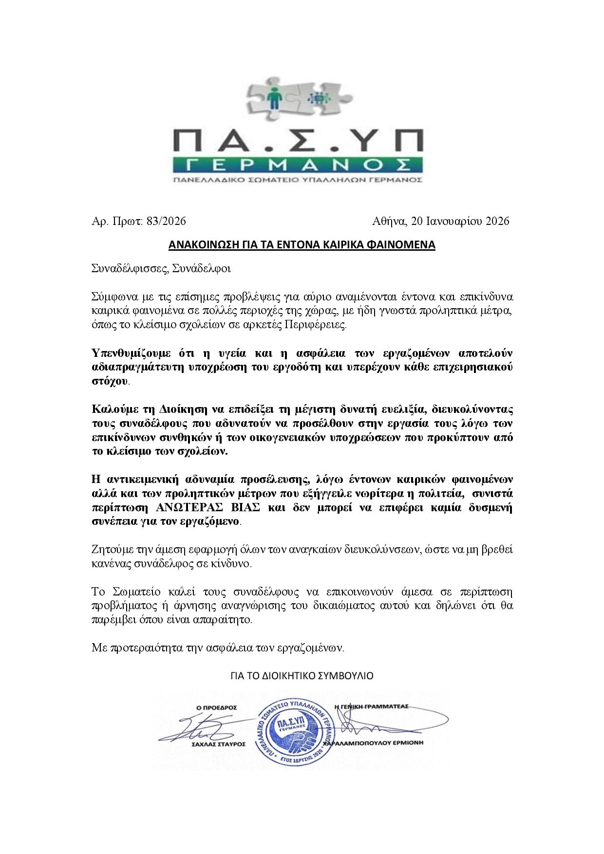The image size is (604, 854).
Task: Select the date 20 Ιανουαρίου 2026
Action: [460, 222]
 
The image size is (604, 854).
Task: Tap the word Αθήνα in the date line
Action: [389, 222]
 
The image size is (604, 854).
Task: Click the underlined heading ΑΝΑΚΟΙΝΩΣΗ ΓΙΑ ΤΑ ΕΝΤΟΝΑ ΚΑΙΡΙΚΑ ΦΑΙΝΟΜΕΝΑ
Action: [302, 244]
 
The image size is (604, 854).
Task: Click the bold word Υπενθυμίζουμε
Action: [128, 353]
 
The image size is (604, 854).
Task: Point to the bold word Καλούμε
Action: [110, 406]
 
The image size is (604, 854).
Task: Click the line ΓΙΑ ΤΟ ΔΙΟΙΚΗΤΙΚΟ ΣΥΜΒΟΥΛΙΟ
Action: [302, 676]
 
